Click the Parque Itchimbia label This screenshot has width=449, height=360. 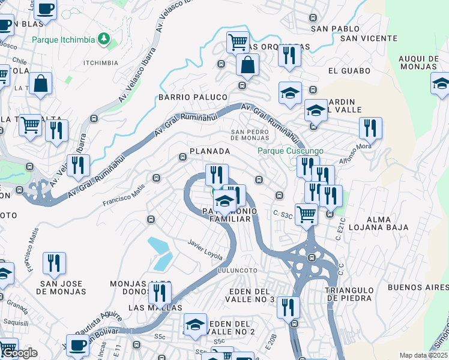tap(63, 41)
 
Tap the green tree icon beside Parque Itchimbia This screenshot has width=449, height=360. tap(104, 39)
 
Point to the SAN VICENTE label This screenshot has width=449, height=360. tap(369, 38)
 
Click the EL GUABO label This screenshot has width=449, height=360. tap(345, 71)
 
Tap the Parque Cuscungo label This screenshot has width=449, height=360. tap(291, 151)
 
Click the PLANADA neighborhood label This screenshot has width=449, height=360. tap(209, 151)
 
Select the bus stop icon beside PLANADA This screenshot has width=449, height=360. tap(183, 157)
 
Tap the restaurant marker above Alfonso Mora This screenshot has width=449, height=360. tap(370, 128)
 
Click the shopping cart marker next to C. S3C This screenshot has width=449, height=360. tap(307, 213)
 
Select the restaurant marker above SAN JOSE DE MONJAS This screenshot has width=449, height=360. tap(54, 263)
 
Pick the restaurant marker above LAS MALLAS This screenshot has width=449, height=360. tap(160, 292)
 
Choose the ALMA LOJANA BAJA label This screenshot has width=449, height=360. tap(380, 223)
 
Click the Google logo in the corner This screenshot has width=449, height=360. tap(19, 353)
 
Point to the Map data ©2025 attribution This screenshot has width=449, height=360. tap(423, 355)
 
